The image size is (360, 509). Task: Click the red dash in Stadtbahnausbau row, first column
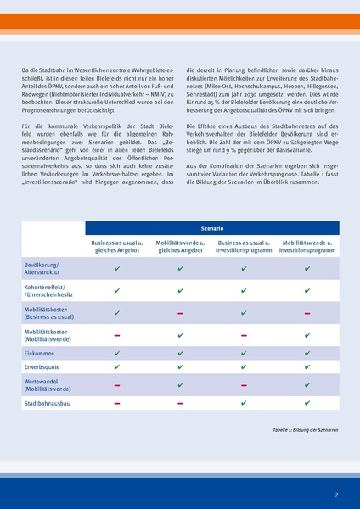116,404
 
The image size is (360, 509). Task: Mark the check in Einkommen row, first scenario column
116,351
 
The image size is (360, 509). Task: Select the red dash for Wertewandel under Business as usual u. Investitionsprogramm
244,385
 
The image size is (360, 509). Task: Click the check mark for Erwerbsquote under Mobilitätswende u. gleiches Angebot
180,367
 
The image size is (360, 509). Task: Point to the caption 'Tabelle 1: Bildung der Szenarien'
307,429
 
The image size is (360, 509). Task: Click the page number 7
335,495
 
